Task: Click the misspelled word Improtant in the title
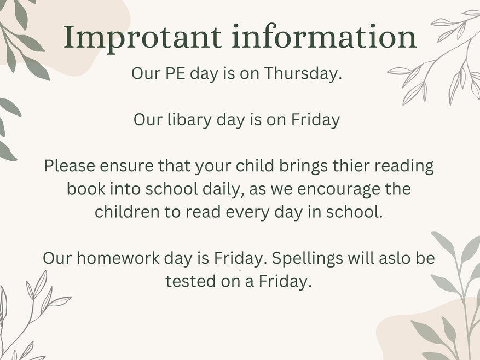click(142, 38)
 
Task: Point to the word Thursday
click(303, 74)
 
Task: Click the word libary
click(189, 120)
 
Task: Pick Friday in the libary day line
click(315, 120)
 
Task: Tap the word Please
click(70, 166)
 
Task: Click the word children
click(127, 212)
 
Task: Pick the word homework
click(118, 258)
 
